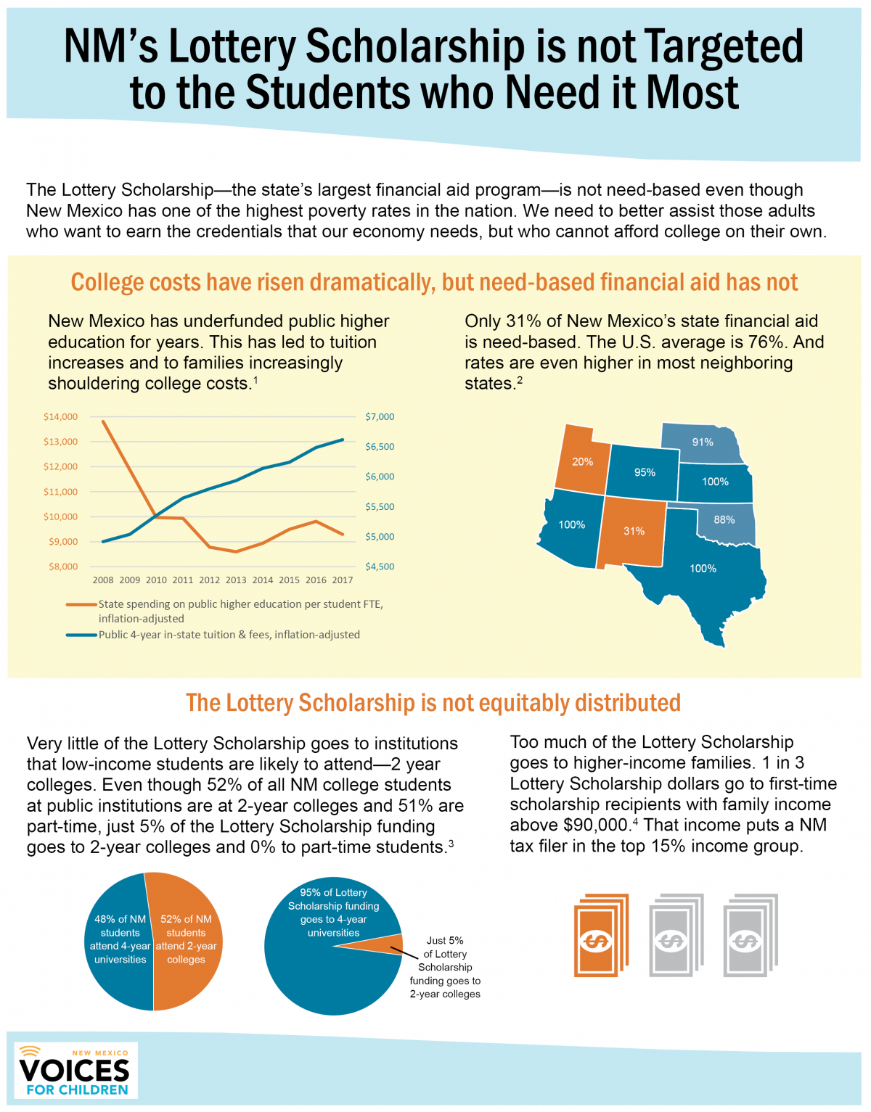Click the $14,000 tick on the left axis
[x=60, y=417]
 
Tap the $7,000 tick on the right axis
[x=380, y=417]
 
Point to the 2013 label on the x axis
[x=236, y=580]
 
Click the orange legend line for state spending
[x=81, y=604]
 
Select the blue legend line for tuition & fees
[x=81, y=635]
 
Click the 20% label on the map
[x=582, y=462]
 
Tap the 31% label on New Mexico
[x=634, y=531]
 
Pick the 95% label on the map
[x=645, y=473]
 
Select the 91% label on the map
[x=703, y=442]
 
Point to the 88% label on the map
[x=724, y=520]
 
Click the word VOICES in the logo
[x=74, y=1071]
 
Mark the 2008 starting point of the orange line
[x=103, y=421]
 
